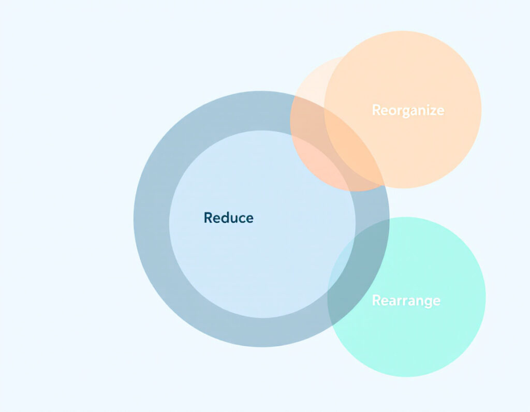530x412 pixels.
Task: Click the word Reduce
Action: point(228,218)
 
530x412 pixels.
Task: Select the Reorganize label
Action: point(408,111)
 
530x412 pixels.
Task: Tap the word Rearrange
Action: point(406,301)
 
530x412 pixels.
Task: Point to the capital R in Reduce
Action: point(208,218)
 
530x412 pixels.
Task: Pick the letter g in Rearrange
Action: point(428,302)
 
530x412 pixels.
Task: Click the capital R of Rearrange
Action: point(376,300)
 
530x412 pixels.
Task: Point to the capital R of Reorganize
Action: point(376,110)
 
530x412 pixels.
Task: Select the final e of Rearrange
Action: point(437,302)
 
